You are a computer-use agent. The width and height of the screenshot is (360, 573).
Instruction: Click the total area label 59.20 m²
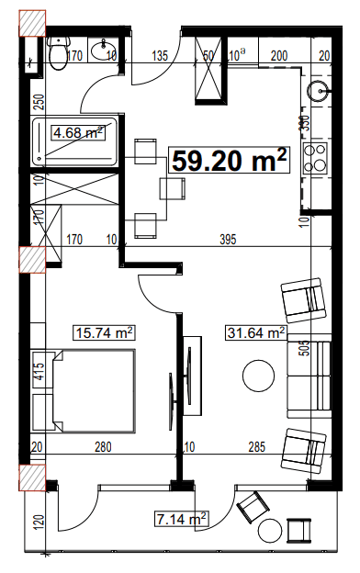click(x=230, y=162)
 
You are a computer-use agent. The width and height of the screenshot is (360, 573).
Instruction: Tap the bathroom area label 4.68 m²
click(x=78, y=133)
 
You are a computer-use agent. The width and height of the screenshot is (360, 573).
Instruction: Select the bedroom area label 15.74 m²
click(x=104, y=332)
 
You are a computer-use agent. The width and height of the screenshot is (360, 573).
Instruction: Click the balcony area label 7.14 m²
click(x=182, y=520)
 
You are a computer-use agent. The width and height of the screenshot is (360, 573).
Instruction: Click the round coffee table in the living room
click(x=257, y=376)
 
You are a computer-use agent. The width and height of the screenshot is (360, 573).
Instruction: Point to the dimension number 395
click(x=229, y=241)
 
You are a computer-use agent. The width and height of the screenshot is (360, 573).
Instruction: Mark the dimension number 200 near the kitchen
click(x=279, y=56)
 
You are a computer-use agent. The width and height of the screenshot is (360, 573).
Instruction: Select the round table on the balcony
click(x=272, y=531)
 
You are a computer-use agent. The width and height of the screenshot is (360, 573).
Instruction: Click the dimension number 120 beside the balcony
click(x=39, y=524)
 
